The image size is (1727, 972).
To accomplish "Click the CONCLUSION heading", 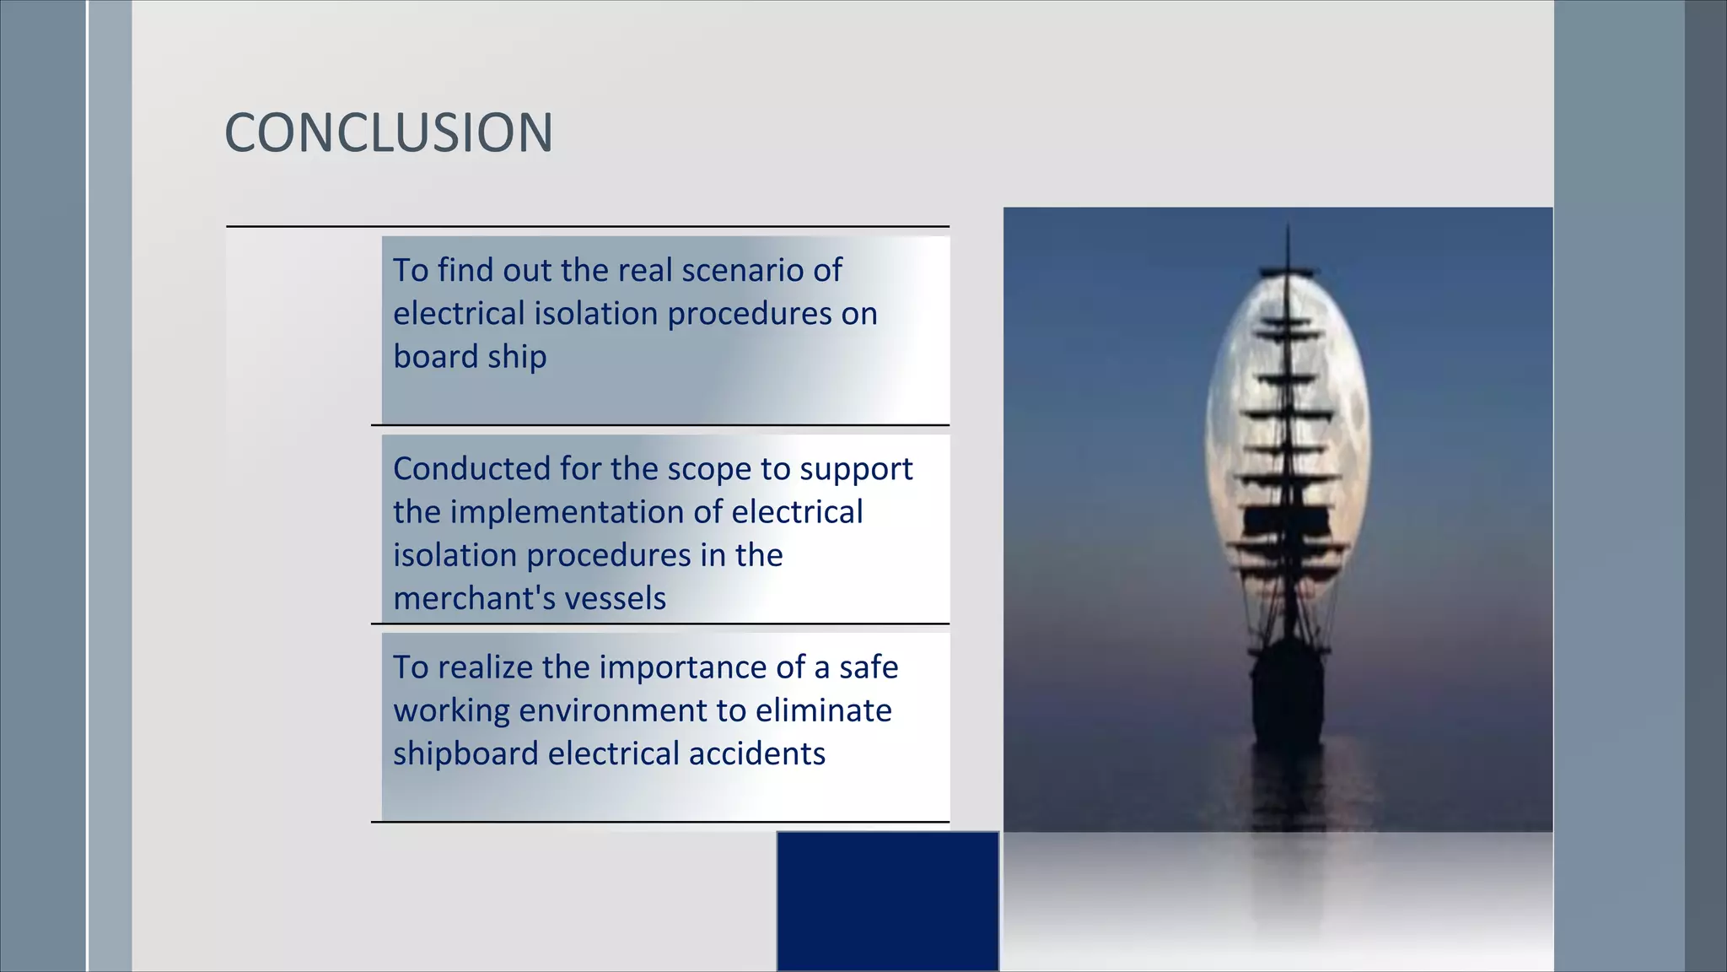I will pyautogui.click(x=389, y=133).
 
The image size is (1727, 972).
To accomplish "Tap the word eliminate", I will pyautogui.click(x=823, y=710).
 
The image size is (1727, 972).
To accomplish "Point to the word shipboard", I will pyautogui.click(x=465, y=753).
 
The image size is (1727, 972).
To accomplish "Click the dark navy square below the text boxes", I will pyautogui.click(x=887, y=900).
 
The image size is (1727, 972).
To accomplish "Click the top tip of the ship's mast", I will pyautogui.click(x=1288, y=226).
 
